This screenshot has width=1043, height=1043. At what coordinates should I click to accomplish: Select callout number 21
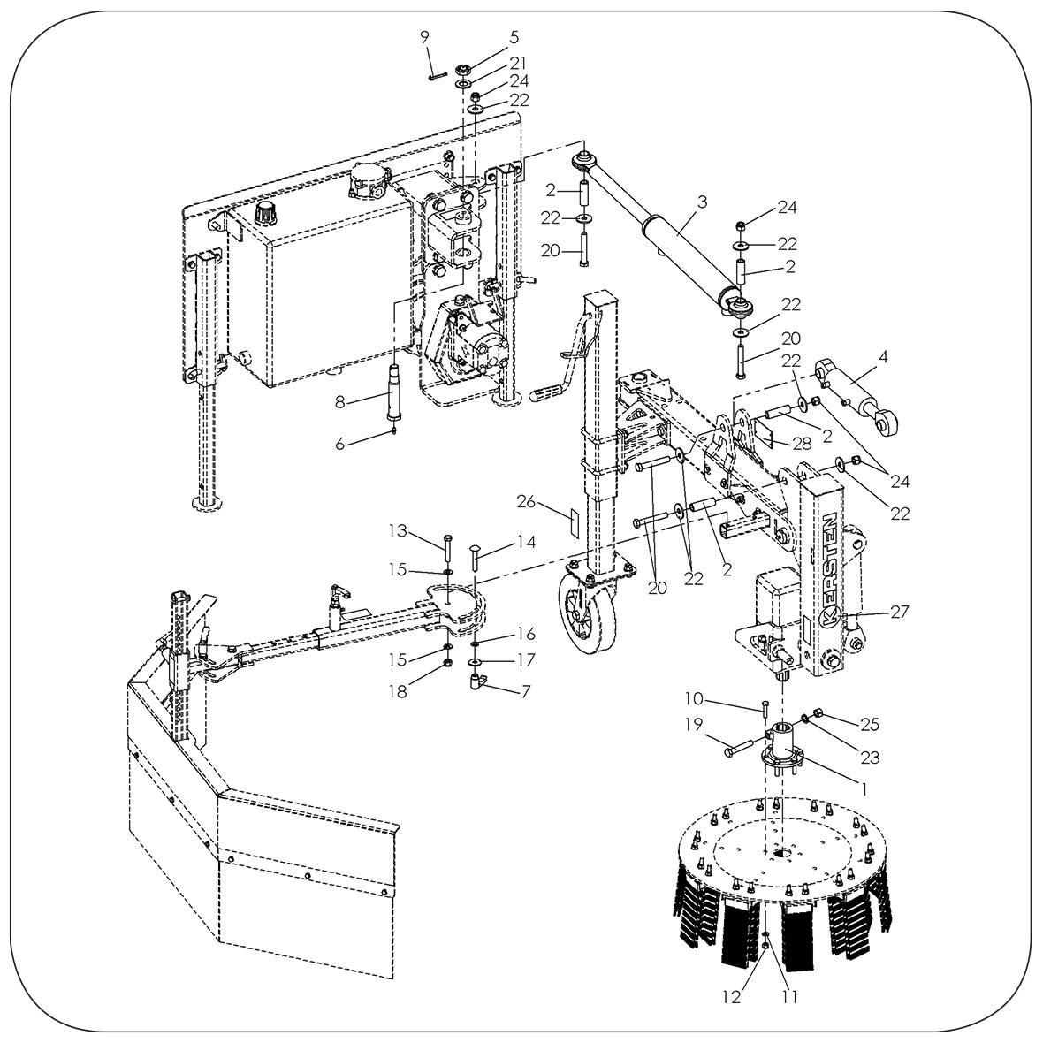coord(517,62)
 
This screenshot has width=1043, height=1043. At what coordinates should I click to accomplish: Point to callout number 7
coord(526,690)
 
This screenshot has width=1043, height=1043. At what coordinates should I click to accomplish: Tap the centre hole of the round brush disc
coord(780,853)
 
